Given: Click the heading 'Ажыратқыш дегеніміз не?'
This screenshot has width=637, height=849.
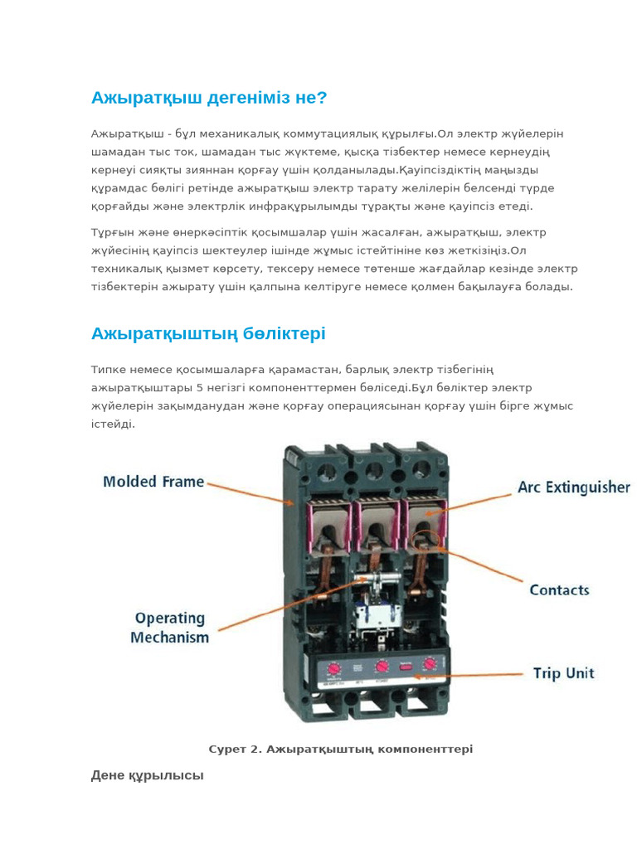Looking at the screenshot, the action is point(209,99).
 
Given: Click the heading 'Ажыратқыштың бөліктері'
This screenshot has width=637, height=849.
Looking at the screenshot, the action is point(208,334).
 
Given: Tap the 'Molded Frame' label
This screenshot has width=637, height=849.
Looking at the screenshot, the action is point(153,482).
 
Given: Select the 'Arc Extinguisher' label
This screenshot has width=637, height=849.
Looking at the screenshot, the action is point(574,488).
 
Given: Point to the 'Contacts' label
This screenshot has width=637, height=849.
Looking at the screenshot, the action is point(559,590).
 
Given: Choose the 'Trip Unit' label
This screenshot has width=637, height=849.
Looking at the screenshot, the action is point(563,673).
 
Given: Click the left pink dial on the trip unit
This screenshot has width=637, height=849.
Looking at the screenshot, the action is point(333,667).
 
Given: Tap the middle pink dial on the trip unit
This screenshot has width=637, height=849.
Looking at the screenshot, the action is point(382,666).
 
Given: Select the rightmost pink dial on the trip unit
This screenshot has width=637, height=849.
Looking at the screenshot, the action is point(430,664).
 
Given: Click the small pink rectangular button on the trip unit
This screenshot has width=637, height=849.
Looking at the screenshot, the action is point(406,666).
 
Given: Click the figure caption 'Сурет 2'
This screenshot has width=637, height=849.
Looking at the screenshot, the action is point(340,750).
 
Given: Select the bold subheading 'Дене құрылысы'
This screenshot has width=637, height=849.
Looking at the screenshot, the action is point(147,776).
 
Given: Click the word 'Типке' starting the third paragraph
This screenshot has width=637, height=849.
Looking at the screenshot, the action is point(109,369).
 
